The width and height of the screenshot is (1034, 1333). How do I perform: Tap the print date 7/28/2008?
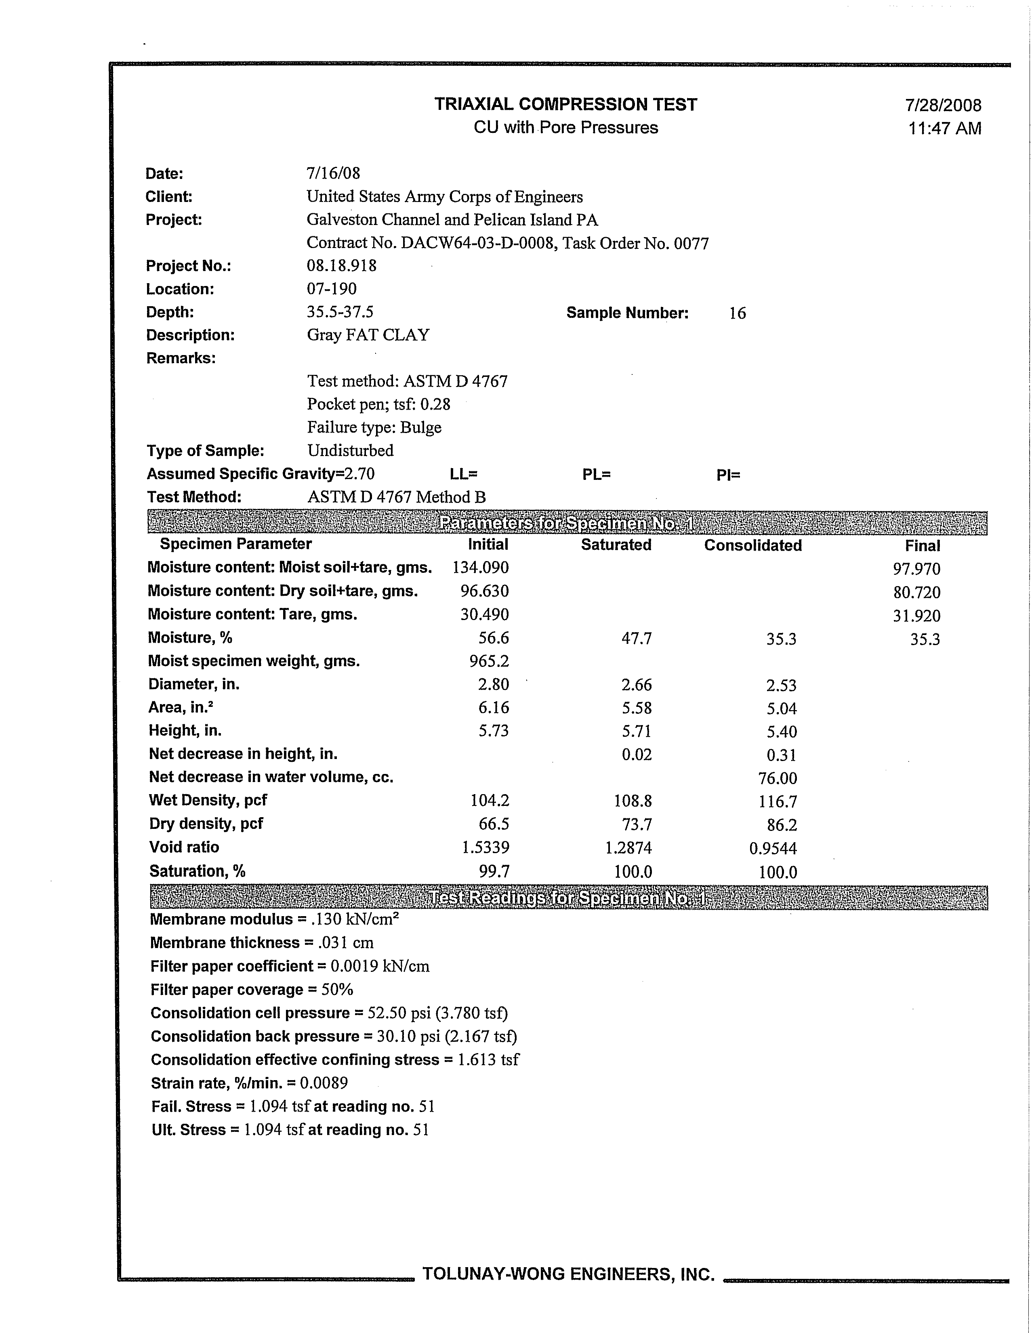click(x=943, y=105)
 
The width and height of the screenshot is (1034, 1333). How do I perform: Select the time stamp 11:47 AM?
click(x=944, y=129)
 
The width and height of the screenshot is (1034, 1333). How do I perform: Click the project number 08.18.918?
click(x=341, y=265)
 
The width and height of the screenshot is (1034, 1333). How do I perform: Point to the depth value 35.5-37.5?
click(x=340, y=312)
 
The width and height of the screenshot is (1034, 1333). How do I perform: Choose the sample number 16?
click(x=738, y=313)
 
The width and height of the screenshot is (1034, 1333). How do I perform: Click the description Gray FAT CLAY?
click(x=368, y=335)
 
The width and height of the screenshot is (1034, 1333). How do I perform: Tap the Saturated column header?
click(x=616, y=545)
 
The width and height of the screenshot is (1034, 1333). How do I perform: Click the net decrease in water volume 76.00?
click(x=778, y=778)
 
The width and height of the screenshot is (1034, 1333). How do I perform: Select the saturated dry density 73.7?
click(x=637, y=824)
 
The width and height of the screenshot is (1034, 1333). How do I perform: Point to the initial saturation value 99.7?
click(x=494, y=872)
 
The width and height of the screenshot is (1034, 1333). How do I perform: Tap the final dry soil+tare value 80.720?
click(x=916, y=592)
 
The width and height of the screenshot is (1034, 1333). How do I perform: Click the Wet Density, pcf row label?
click(x=208, y=800)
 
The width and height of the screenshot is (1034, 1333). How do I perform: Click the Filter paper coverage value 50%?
click(x=337, y=989)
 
